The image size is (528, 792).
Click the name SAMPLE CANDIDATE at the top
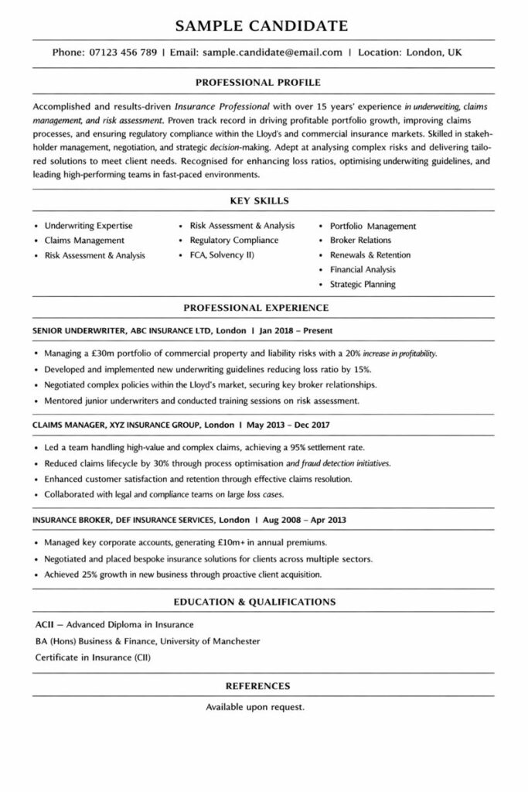click(263, 26)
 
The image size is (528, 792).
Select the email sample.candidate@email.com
click(272, 53)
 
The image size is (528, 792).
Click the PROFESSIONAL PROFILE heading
click(263, 82)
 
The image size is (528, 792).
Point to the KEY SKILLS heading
click(263, 200)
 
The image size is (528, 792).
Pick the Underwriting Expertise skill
click(88, 226)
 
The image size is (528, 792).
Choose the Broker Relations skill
click(360, 241)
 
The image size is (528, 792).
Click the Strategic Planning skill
click(363, 284)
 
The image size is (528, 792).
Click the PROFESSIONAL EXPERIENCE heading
click(263, 308)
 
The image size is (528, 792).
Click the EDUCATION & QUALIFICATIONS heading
click(263, 601)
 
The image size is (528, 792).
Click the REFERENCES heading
click(263, 685)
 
